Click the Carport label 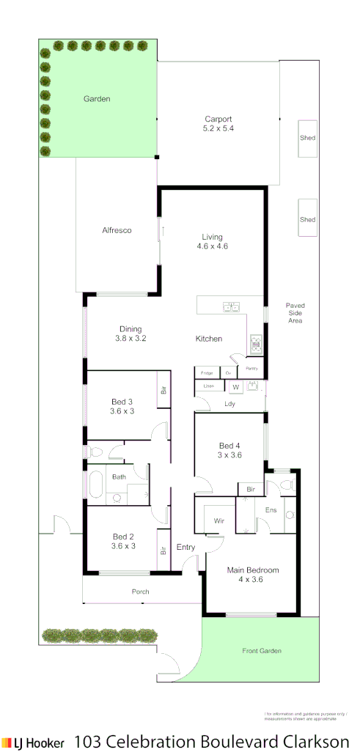(218, 119)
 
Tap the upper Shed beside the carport (307, 138)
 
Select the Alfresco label (117, 230)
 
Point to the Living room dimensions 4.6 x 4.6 (213, 246)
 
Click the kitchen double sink (232, 306)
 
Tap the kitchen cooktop (257, 342)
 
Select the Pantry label (251, 368)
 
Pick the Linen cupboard (208, 386)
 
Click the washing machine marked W (235, 387)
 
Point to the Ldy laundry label (229, 404)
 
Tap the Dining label (131, 329)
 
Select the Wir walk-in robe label (218, 521)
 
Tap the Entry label (186, 547)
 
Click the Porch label (140, 592)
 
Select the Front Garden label (262, 650)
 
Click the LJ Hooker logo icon (7, 742)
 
